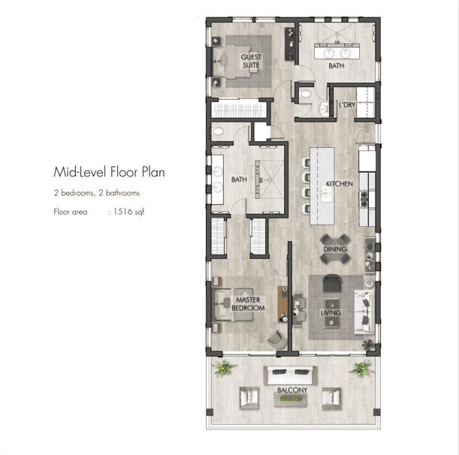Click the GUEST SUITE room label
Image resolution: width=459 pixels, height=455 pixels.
[251, 61]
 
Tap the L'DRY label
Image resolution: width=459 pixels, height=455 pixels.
[347, 105]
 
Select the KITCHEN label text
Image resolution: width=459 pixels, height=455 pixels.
[340, 184]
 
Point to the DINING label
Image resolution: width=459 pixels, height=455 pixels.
[335, 249]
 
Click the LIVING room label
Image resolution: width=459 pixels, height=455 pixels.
[331, 313]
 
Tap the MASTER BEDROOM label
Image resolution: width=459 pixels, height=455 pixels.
[248, 304]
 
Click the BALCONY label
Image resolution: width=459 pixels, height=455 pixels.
[292, 390]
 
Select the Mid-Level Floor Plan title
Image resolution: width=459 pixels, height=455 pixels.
[109, 172]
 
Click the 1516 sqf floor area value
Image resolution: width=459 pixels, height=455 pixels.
[128, 212]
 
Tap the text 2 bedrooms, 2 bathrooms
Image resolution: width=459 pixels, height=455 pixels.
[97, 193]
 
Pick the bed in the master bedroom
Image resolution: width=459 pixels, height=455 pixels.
[234, 305]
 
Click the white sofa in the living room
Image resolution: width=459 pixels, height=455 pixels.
[364, 312]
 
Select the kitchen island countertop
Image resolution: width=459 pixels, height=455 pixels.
[322, 186]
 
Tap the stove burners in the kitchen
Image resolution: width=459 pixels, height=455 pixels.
[364, 199]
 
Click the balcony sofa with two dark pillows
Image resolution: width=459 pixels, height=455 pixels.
[291, 375]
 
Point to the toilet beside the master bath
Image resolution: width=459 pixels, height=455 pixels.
[218, 131]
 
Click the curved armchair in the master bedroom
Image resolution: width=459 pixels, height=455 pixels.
[277, 339]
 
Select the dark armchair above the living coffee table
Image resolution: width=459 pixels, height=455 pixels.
[332, 282]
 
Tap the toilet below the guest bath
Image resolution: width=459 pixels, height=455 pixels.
[305, 94]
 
